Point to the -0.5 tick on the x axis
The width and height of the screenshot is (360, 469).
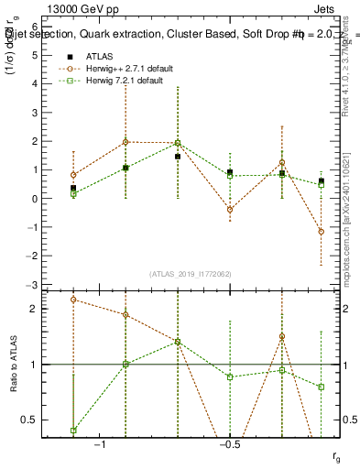point(228,444)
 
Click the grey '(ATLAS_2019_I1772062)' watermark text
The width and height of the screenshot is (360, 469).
point(190,274)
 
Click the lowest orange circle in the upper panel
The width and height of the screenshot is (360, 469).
point(321,232)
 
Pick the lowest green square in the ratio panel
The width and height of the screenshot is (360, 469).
point(73,431)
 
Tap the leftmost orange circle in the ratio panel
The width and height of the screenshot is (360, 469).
point(73,300)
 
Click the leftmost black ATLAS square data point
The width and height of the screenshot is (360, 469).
point(73,188)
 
